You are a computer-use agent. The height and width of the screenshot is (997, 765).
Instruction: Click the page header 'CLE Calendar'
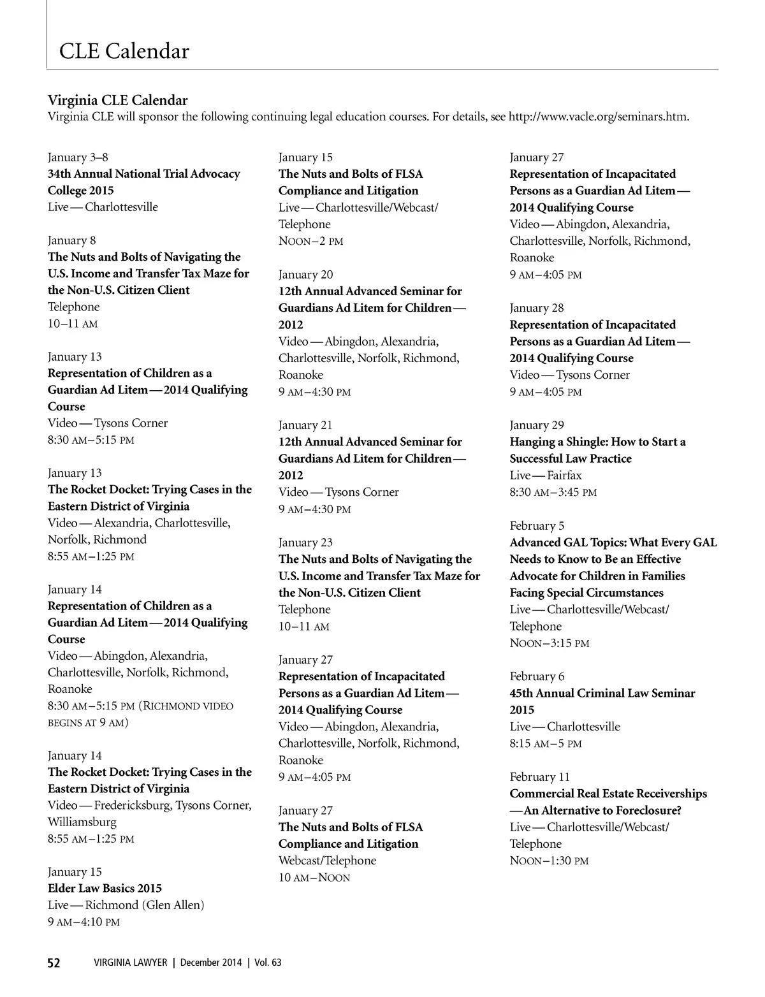click(124, 51)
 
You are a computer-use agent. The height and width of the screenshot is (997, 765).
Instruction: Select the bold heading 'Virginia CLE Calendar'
click(117, 100)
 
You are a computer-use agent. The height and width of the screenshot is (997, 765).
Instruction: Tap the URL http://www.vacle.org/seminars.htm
click(599, 117)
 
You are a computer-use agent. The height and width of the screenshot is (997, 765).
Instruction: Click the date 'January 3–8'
click(78, 157)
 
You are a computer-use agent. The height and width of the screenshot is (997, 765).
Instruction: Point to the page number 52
click(54, 963)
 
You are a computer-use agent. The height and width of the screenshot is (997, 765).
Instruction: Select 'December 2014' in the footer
click(211, 963)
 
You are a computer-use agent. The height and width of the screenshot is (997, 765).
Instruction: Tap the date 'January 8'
click(71, 240)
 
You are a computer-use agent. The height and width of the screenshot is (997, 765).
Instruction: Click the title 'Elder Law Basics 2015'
click(105, 888)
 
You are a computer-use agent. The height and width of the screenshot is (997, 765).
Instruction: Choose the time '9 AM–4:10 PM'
click(84, 922)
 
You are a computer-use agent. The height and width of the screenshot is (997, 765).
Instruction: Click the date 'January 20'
click(305, 275)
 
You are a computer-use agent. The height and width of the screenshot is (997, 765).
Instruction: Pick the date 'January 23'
click(305, 542)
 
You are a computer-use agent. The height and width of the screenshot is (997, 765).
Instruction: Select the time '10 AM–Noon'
click(314, 877)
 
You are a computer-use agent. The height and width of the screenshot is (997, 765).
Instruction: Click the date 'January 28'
click(537, 308)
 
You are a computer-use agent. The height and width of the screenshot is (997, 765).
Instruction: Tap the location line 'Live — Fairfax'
click(546, 475)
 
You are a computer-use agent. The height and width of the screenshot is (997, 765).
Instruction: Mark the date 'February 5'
click(537, 526)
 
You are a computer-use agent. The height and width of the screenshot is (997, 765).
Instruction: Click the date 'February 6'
click(537, 676)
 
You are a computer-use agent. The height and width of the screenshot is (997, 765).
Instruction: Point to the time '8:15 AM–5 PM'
click(546, 743)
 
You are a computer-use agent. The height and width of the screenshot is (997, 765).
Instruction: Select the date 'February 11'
click(539, 777)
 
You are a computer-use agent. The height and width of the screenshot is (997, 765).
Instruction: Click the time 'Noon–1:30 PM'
click(549, 861)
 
